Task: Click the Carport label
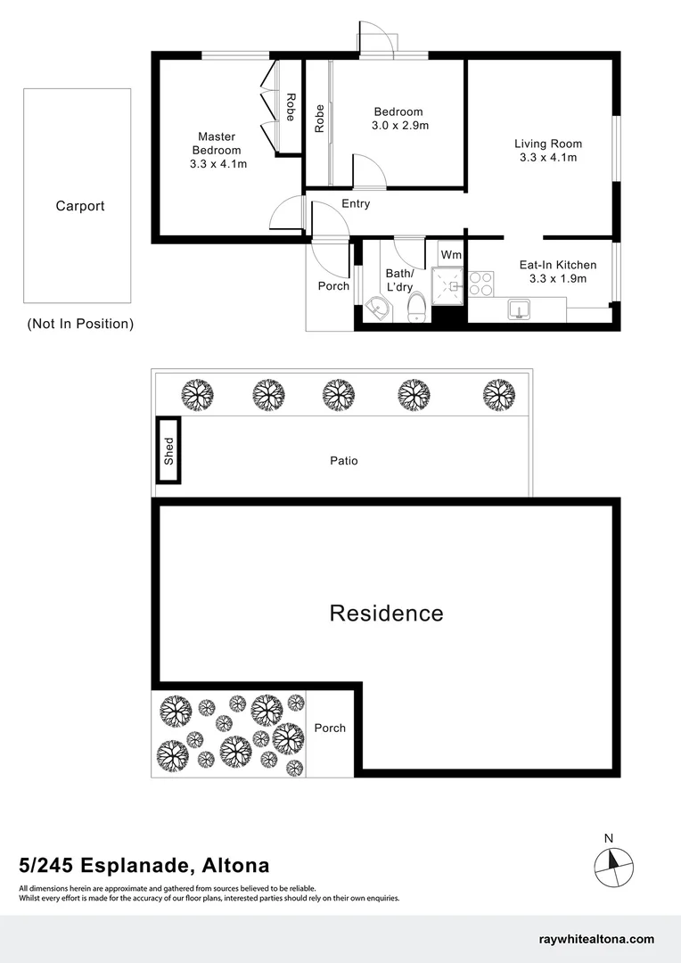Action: pos(80,206)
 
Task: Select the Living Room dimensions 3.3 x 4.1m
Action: pos(548,158)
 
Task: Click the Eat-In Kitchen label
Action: pos(558,265)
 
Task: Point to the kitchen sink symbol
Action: pos(517,309)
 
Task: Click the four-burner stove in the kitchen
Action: pos(481,283)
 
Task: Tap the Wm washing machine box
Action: pos(451,255)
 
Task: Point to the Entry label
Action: pos(356,204)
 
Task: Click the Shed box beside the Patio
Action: pos(168,450)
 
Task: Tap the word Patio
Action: pos(344,461)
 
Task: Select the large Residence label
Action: pos(386,613)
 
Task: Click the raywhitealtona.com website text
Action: pos(597,939)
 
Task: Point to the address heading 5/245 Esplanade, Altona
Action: pos(144,865)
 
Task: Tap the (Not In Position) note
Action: pos(80,324)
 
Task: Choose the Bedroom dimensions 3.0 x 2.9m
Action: pos(400,126)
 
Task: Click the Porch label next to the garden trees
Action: pos(330,728)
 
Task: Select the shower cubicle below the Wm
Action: pos(450,286)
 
